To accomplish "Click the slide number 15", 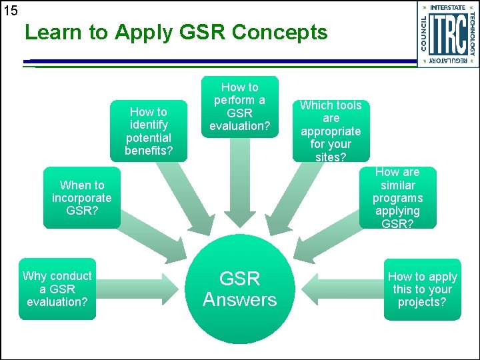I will [10, 11].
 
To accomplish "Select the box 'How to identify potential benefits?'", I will [149, 131].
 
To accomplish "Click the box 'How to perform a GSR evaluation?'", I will [239, 107].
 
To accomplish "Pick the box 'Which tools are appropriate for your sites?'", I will [331, 131].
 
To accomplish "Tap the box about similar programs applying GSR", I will [397, 198].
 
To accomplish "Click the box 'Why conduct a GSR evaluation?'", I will [57, 289].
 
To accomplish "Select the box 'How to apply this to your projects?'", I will [423, 289].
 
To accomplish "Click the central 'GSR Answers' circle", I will [239, 289].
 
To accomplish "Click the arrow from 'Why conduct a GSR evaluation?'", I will [140, 289].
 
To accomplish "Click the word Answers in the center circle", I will [239, 300].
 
